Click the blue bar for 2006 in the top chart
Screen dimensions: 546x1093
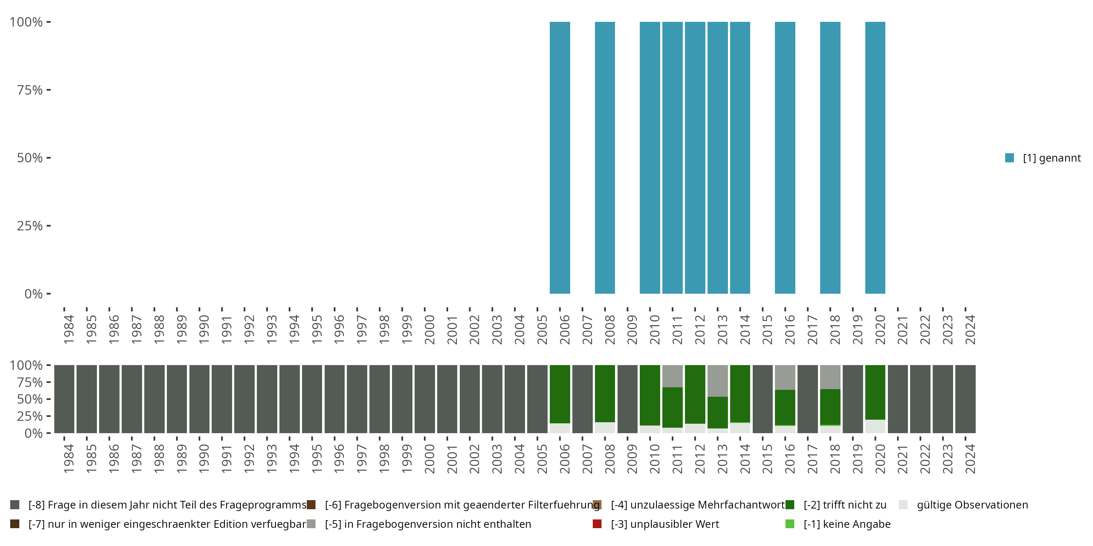560,158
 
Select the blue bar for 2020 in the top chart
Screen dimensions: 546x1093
875,158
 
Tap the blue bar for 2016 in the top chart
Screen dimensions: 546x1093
785,158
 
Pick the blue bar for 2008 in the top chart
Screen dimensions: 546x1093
605,158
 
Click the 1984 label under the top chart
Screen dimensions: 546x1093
69,329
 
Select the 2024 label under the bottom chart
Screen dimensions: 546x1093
970,459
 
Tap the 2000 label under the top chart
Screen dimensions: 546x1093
430,329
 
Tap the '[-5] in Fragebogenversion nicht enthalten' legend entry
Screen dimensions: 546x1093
428,524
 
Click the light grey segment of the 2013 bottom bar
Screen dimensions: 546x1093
717,380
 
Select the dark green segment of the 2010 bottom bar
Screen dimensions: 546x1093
650,395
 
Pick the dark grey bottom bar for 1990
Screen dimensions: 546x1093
199,399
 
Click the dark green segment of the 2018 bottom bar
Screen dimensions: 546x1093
830,407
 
